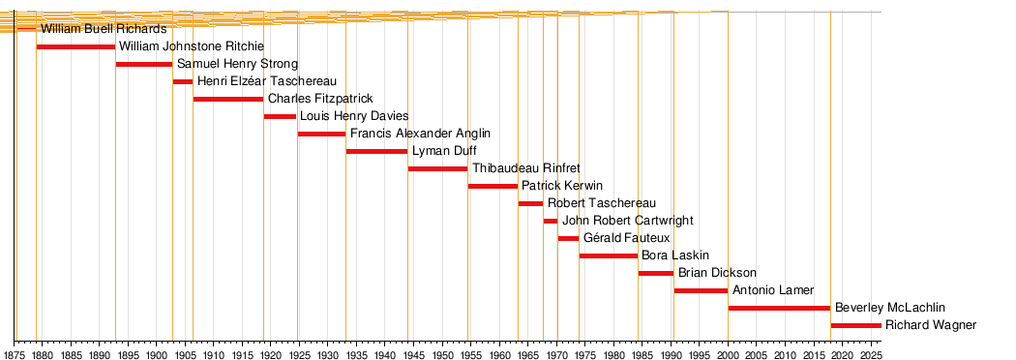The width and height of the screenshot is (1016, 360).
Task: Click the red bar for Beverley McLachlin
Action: tap(779, 308)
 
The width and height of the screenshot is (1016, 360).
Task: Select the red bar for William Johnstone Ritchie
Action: tap(75, 46)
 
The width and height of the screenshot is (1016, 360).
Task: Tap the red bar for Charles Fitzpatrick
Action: tap(228, 99)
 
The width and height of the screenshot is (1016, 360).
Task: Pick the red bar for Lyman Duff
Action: tap(376, 152)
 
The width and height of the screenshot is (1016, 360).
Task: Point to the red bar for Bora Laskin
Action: tap(609, 255)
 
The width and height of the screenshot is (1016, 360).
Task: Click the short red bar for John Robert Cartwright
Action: tap(551, 221)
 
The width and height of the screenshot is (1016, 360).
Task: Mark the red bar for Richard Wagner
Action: tap(856, 326)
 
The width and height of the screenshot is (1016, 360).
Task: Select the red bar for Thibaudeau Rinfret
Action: tap(437, 169)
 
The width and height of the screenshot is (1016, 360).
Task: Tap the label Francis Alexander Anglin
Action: tap(420, 134)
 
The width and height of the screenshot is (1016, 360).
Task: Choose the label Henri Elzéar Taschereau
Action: tap(267, 81)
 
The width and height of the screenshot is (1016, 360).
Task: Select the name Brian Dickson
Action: tap(717, 273)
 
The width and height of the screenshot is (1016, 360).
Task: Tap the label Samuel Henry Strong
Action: tap(237, 64)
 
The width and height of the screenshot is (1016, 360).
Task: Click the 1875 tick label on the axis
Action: tap(15, 354)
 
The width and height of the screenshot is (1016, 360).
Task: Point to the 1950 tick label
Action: tap(442, 354)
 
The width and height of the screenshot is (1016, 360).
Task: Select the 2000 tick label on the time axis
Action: tap(729, 354)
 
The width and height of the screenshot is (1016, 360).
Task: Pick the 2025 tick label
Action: tap(871, 354)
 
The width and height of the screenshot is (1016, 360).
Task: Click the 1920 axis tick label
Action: tap(271, 354)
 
